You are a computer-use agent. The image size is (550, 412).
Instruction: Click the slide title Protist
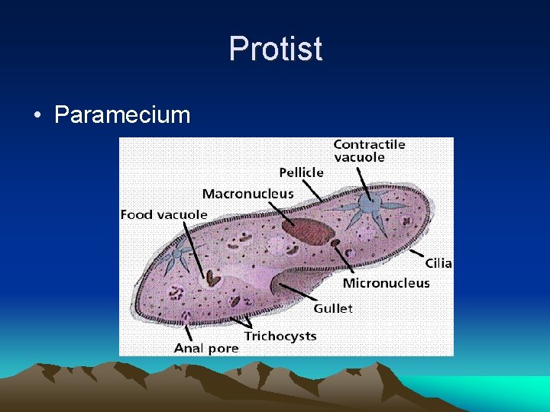[x=275, y=49]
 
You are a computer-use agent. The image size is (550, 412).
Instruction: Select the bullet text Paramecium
[x=122, y=115]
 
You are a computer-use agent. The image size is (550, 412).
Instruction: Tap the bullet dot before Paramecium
[x=37, y=116]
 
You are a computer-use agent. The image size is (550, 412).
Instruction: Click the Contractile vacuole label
[x=369, y=150]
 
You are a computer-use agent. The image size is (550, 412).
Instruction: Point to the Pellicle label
[x=301, y=172]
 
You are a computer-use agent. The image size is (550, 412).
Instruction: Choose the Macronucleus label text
[x=247, y=194]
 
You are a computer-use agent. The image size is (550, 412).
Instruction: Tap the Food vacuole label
[x=163, y=214]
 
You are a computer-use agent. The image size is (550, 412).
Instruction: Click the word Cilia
[x=438, y=263]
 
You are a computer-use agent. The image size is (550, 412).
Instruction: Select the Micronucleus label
[x=386, y=283]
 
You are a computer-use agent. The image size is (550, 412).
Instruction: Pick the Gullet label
[x=333, y=308]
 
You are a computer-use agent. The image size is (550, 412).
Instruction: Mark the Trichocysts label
[x=280, y=336]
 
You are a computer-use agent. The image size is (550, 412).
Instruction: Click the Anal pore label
[x=206, y=348]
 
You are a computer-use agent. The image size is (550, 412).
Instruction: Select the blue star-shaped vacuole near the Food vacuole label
[x=178, y=253]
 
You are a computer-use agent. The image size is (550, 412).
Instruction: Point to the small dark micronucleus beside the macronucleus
[x=335, y=243]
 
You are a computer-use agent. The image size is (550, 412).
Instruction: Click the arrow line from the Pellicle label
[x=309, y=190]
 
